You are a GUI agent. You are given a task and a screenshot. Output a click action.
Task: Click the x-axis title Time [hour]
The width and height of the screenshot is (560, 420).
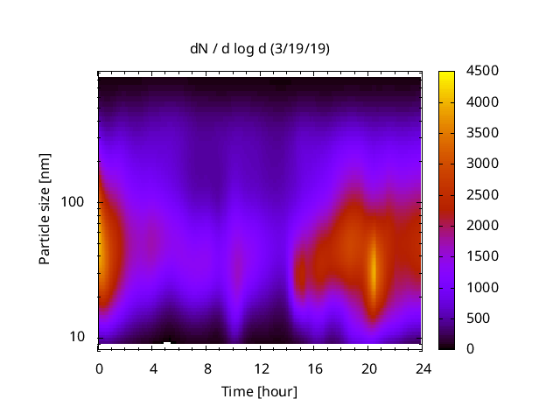(x=259, y=391)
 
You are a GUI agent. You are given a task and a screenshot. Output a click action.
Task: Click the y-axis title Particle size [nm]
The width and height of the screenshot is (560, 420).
(x=45, y=210)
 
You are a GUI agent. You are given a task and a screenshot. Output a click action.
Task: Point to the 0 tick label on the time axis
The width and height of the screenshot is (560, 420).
(x=99, y=367)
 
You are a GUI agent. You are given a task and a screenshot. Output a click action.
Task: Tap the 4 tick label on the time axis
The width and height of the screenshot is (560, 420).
(x=153, y=367)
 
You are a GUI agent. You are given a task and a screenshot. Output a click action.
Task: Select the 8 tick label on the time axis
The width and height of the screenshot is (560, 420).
(x=206, y=367)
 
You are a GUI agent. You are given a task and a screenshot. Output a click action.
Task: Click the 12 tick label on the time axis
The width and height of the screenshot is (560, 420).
(x=260, y=367)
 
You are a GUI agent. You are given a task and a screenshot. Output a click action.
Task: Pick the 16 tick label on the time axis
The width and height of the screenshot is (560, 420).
(x=314, y=367)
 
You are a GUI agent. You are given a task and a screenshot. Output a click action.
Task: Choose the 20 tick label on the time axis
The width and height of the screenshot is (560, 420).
(x=367, y=367)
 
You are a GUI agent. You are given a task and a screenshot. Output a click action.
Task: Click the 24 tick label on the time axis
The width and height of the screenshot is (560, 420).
(x=422, y=367)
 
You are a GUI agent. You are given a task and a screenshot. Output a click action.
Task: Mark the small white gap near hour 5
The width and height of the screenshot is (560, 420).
(x=167, y=343)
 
